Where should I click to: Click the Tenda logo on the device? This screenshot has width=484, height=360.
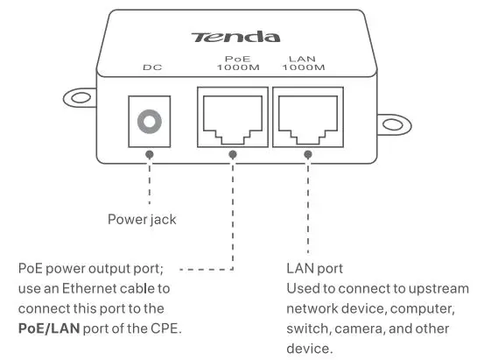pyautogui.click(x=236, y=37)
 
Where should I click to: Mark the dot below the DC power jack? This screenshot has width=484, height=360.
pyautogui.click(x=150, y=152)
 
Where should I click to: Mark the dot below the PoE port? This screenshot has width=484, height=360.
pyautogui.click(x=234, y=152)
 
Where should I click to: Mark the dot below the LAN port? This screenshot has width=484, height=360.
pyautogui.click(x=307, y=152)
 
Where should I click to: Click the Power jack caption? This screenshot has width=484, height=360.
pyautogui.click(x=142, y=219)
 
